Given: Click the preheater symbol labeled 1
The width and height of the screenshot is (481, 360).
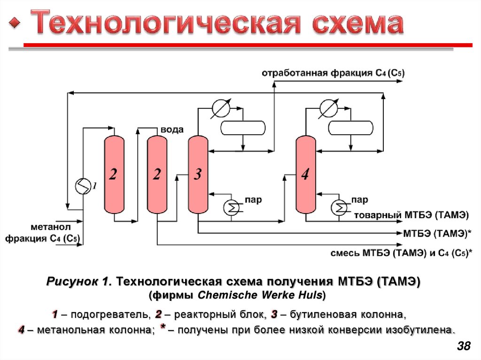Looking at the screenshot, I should (83, 187).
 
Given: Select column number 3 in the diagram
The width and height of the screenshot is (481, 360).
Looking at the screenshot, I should (198, 175).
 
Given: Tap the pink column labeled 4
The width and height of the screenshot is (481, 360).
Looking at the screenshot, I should (305, 175).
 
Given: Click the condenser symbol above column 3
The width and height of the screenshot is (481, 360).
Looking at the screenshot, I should (219, 108).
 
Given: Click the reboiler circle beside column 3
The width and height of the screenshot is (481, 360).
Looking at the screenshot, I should (231, 207).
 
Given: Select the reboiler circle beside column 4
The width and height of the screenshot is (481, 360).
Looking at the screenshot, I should (339, 207).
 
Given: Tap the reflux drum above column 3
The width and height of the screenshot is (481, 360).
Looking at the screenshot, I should (242, 128).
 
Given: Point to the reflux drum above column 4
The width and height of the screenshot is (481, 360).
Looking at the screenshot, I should (350, 128).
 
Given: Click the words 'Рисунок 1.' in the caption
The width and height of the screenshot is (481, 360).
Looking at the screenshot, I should (78, 282).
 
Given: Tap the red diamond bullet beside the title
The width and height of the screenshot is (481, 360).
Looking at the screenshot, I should (16, 23).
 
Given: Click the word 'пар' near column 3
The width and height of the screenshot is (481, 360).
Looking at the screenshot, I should (253, 200).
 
